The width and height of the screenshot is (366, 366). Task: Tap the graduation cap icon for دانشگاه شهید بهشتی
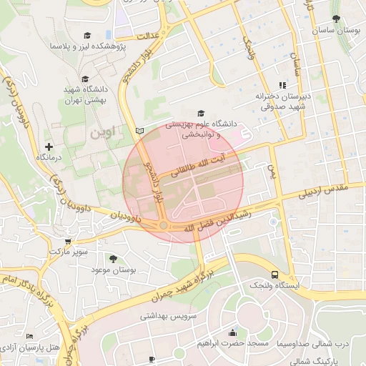85,79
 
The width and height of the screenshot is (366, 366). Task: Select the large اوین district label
102,133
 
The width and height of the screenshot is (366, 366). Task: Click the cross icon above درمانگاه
48,146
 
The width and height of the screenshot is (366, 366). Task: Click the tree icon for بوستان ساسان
336,19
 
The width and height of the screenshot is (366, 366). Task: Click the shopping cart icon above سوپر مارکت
68,242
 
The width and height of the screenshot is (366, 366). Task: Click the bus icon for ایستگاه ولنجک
274,274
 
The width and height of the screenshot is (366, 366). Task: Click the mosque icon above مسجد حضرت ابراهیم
232,332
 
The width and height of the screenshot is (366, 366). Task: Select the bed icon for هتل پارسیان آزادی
29,336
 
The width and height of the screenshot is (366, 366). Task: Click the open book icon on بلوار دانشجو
139,131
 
